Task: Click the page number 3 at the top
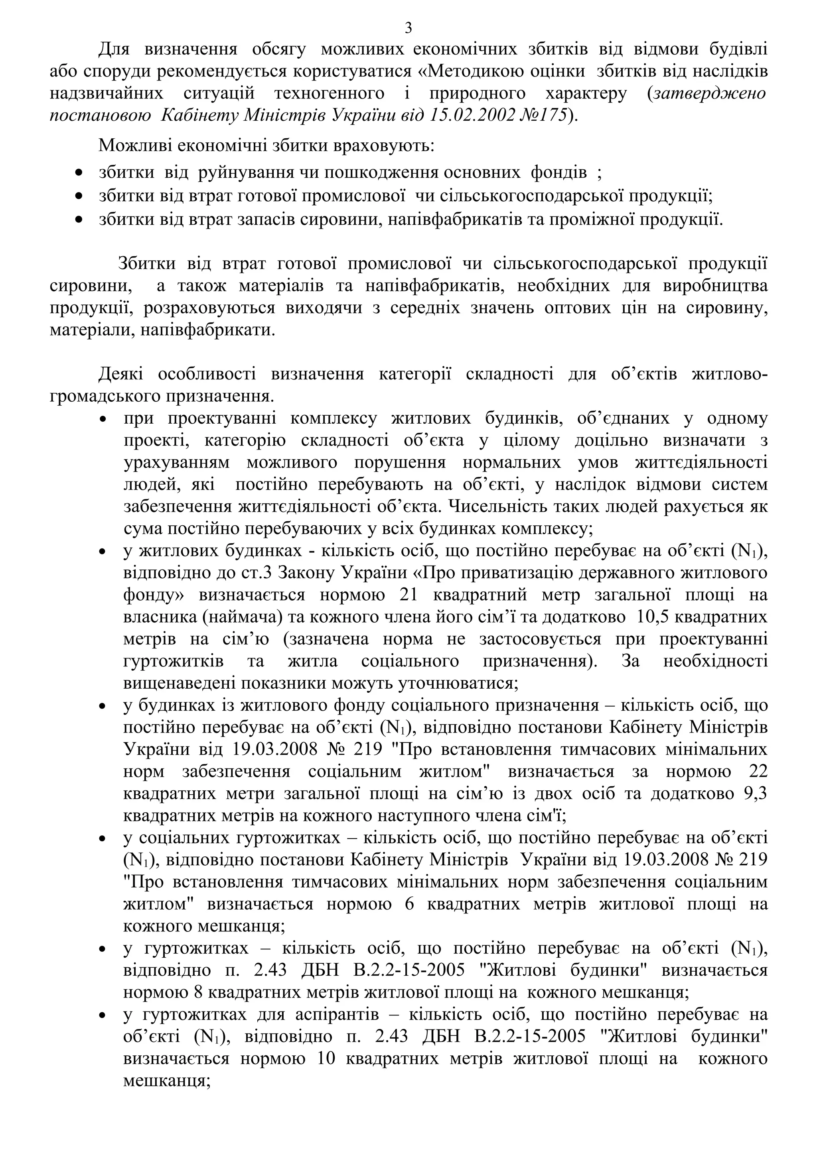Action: tap(408, 28)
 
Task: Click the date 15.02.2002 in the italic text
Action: tap(473, 116)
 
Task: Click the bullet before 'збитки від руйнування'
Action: tap(79, 173)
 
